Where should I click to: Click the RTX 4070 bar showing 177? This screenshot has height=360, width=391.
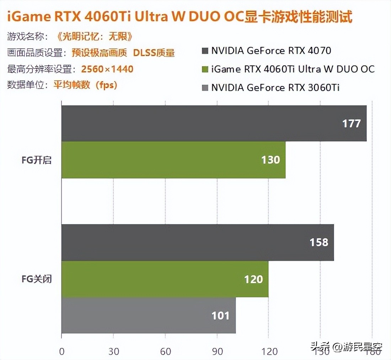(213, 123)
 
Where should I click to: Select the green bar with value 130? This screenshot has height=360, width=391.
(173, 160)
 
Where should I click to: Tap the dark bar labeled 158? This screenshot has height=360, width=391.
(197, 242)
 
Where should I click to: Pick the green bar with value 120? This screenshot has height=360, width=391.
(165, 279)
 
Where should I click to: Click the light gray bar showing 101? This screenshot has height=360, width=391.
(148, 315)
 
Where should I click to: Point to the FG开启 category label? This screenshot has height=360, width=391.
(37, 160)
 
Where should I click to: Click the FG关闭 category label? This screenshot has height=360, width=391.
(37, 279)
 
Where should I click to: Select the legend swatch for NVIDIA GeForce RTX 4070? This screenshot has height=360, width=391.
(204, 51)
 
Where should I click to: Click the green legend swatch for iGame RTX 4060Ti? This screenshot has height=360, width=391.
(204, 69)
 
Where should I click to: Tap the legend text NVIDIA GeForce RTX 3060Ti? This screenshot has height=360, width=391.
(275, 87)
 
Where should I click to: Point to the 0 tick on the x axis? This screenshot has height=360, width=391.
(61, 351)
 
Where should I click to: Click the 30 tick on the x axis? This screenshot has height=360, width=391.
(113, 351)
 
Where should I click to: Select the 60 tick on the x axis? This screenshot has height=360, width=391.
(165, 351)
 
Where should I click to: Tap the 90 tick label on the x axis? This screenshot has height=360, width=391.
(217, 351)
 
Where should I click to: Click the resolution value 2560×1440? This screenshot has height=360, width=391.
(107, 69)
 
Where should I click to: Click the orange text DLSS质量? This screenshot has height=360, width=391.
(154, 53)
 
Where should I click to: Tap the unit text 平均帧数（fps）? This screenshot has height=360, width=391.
(85, 85)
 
